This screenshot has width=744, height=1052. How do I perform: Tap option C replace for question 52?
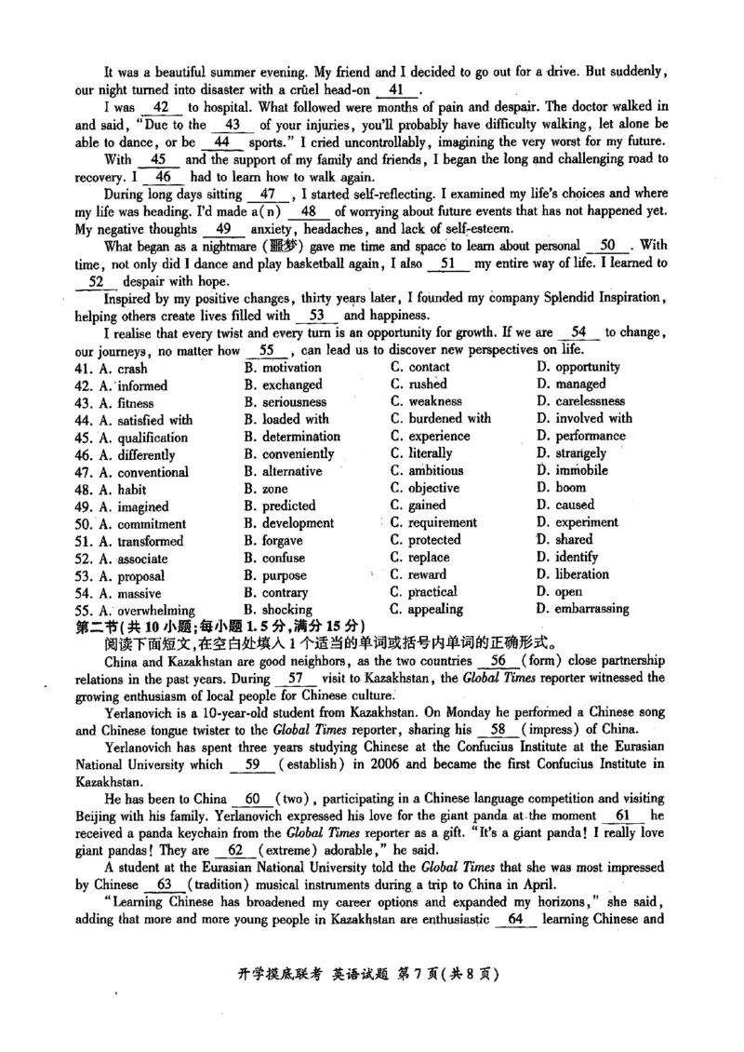pyautogui.click(x=426, y=558)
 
